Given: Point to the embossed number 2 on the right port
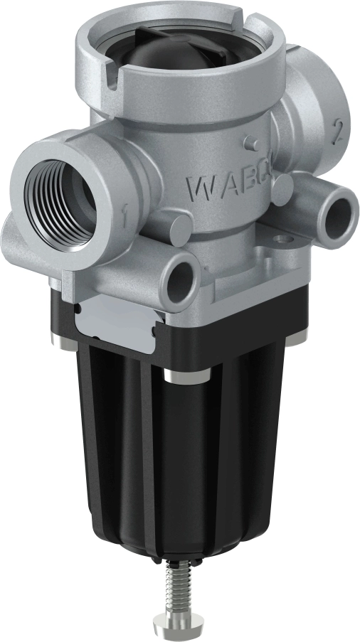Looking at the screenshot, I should [x=318, y=130].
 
